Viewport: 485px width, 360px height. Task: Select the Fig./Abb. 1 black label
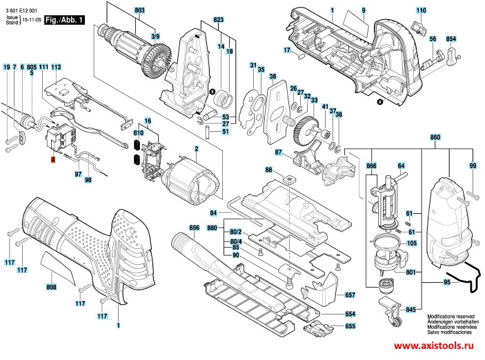coord(65,21)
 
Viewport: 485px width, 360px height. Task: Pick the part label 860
coord(435,138)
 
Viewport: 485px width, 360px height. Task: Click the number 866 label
coord(372,166)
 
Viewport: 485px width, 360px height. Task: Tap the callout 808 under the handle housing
coord(52,287)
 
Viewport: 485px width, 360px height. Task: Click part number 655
coord(350,326)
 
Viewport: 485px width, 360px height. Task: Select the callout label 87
coord(279,152)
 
